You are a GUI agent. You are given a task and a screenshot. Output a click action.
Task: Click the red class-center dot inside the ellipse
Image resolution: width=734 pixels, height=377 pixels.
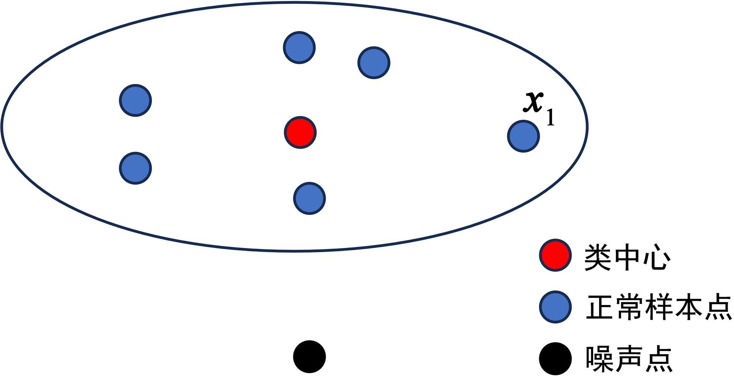click(300, 133)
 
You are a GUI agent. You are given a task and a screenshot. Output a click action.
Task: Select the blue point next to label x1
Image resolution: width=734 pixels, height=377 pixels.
click(523, 136)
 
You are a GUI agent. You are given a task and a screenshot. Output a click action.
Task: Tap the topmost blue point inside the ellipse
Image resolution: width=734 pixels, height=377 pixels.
click(299, 48)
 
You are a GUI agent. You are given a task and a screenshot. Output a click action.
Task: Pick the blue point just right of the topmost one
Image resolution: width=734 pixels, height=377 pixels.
click(374, 63)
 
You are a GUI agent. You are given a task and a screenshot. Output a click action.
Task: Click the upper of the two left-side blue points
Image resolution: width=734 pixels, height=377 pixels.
click(135, 100)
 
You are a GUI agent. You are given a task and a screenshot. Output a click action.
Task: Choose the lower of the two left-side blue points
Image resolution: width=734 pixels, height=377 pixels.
click(135, 168)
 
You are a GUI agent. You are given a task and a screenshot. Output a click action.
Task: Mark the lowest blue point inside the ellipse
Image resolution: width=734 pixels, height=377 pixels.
click(309, 198)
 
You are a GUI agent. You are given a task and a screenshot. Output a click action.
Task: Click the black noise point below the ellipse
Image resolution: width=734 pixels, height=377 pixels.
click(309, 356)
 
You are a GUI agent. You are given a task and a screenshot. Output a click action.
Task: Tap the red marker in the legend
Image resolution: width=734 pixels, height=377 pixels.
click(555, 255)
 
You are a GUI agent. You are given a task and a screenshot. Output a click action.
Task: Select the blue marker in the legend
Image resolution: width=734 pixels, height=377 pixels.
click(555, 307)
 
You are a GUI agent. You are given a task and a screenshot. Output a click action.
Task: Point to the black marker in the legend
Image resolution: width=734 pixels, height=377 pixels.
click(555, 358)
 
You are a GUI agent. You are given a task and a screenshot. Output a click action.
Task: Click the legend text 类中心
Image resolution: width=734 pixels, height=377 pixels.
click(627, 257)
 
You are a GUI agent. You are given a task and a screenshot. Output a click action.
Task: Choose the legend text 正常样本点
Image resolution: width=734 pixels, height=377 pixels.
click(658, 307)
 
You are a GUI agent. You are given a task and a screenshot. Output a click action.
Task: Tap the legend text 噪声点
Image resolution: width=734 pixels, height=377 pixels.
click(629, 359)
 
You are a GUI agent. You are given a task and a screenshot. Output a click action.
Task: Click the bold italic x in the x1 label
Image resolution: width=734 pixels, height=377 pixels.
click(533, 102)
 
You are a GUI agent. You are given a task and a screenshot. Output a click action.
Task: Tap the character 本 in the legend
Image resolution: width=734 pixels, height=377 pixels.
click(688, 307)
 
